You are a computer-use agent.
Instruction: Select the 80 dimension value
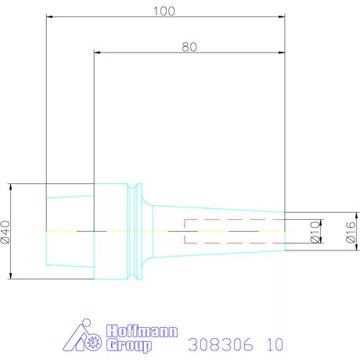pos(188,46)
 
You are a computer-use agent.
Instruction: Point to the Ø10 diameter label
pos(315,232)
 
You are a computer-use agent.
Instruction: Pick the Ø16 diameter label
pos(351,232)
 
